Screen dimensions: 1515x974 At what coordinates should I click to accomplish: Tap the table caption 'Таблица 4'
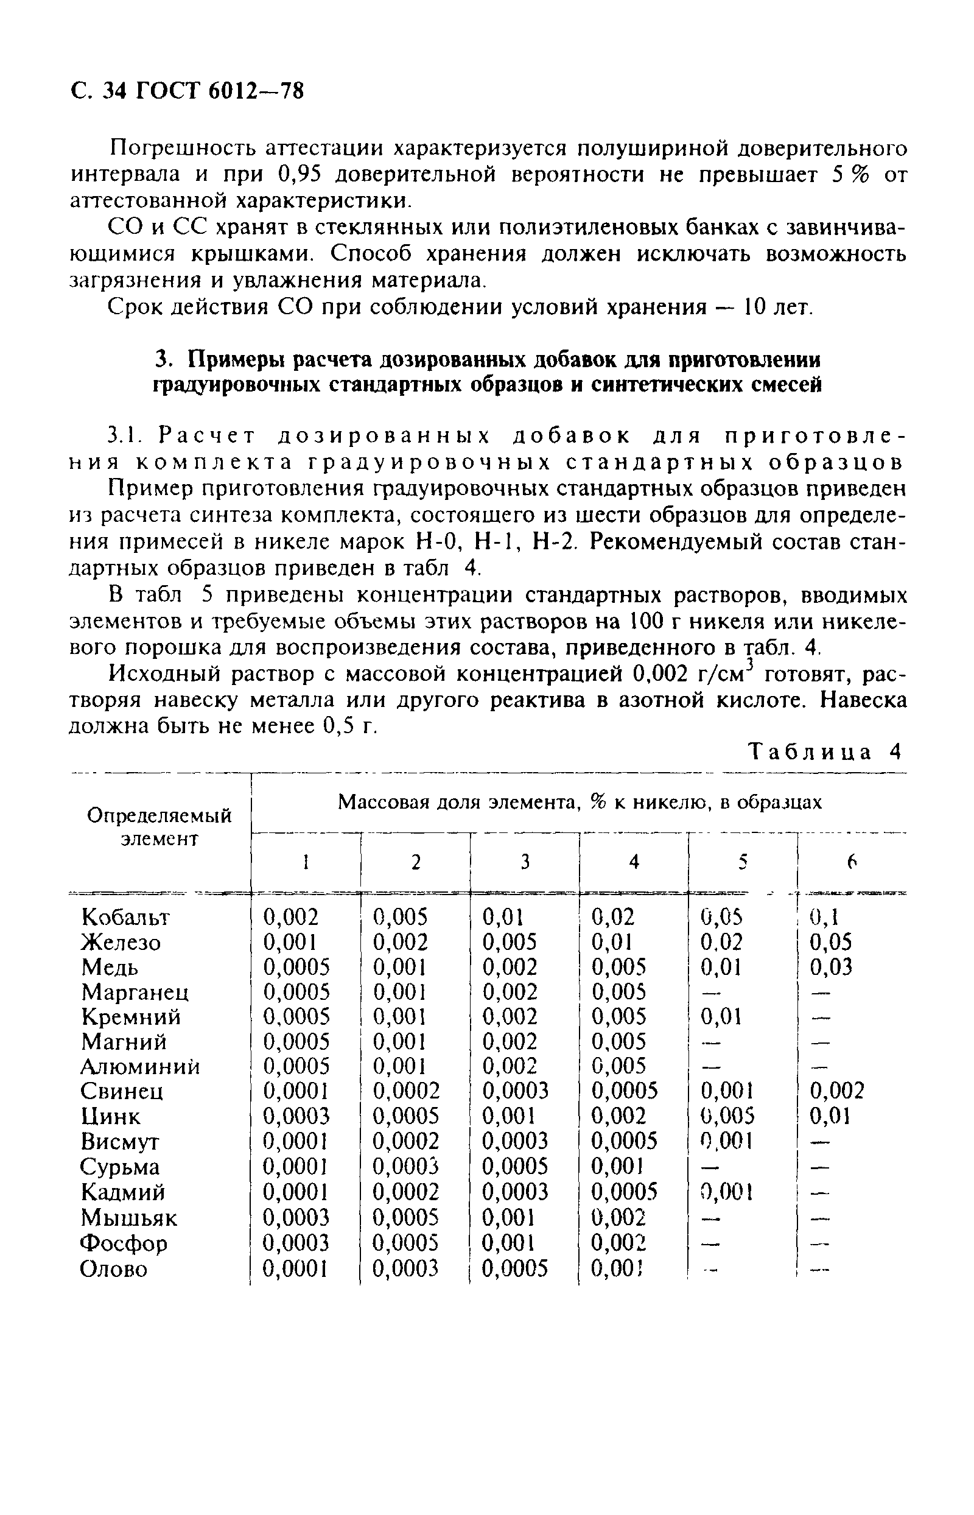(825, 752)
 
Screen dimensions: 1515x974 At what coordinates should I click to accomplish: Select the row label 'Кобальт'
(127, 916)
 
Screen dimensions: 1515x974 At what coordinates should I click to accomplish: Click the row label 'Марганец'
(135, 991)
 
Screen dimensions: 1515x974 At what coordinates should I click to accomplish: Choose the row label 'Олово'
(114, 1268)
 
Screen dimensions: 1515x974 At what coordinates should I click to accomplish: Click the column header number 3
(524, 862)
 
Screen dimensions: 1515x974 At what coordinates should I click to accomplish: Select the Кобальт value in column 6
(824, 916)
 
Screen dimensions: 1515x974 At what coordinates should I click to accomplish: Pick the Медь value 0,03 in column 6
(831, 966)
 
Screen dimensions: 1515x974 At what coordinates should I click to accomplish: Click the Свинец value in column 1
(296, 1091)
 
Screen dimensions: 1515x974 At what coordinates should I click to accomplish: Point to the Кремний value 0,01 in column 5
(722, 1016)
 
